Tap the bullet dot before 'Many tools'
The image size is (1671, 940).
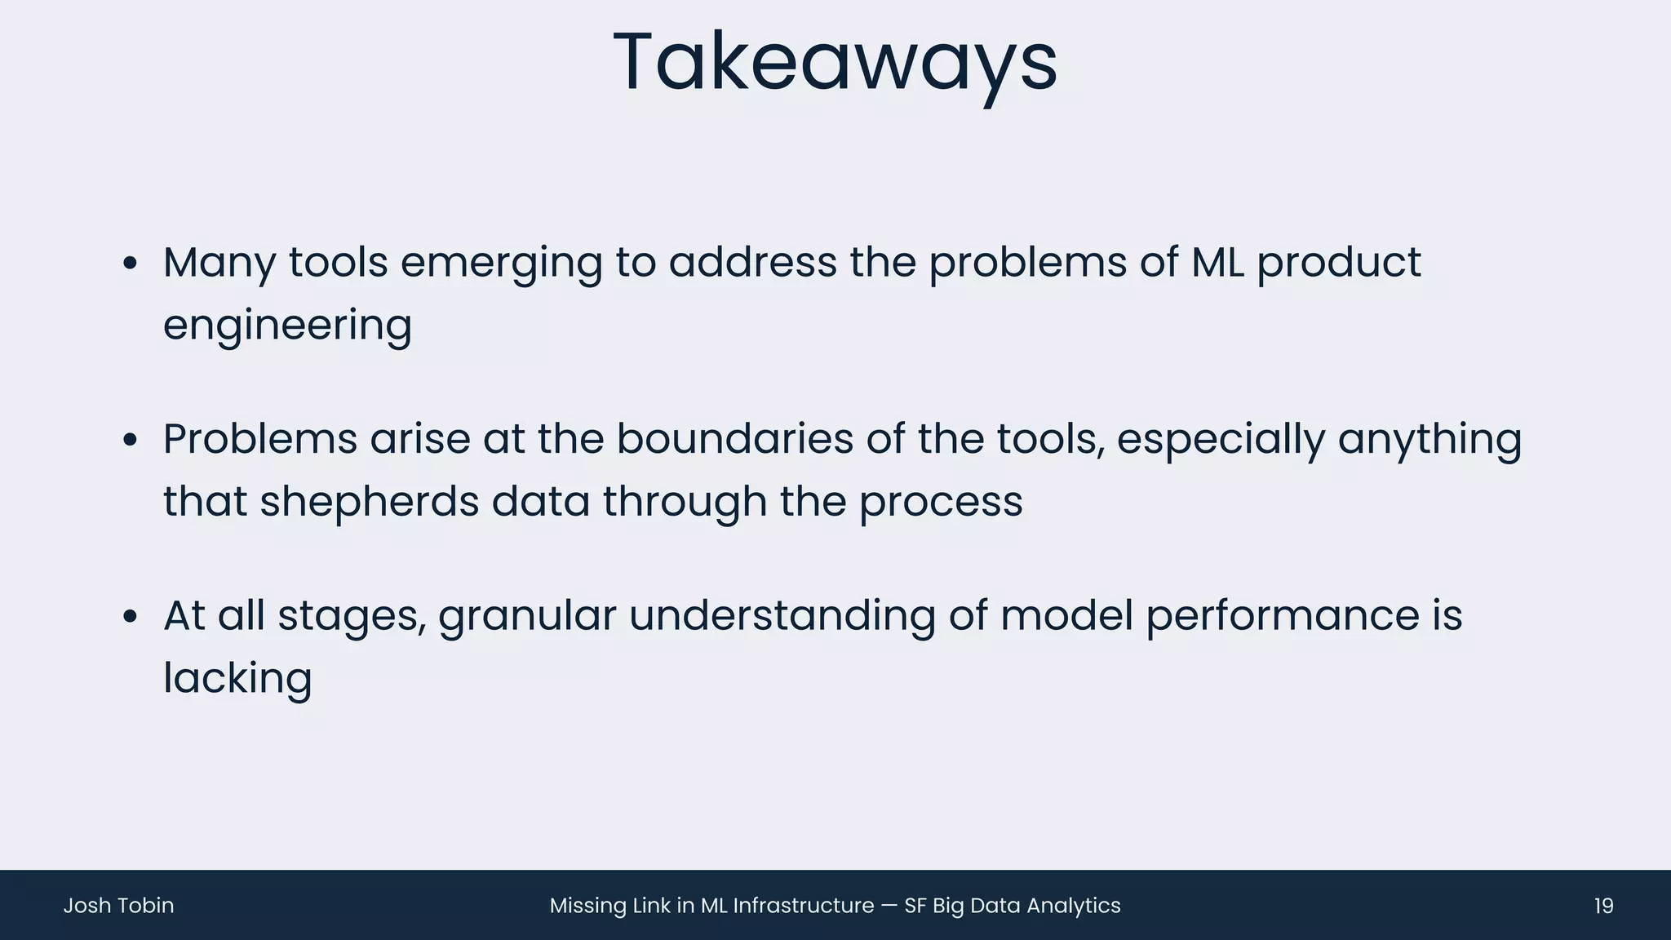point(130,264)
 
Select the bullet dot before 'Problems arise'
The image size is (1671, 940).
point(130,441)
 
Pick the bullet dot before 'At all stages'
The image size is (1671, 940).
point(130,618)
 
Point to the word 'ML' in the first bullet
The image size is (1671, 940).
point(1217,263)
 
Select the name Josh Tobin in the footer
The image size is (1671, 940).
point(118,906)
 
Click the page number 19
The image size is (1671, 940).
point(1603,906)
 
